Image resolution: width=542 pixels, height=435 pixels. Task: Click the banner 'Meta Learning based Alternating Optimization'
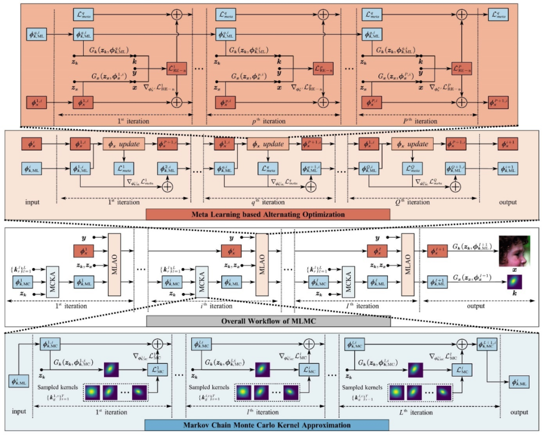268,214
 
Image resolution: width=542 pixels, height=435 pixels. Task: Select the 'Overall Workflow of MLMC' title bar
268,321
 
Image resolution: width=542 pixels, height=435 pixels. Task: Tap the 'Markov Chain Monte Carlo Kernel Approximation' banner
268,426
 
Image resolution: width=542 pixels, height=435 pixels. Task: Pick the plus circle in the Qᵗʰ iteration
456,186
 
